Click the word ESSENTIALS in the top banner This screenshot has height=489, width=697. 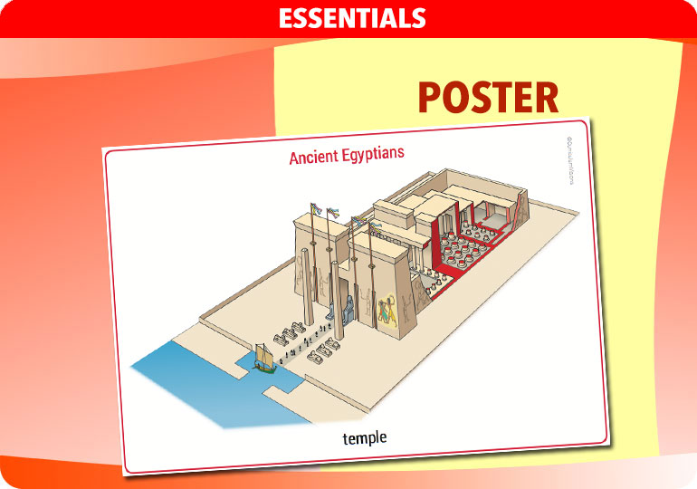point(352,17)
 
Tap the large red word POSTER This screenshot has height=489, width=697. point(488,98)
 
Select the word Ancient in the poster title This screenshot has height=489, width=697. point(314,157)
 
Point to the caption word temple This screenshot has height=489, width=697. point(365,438)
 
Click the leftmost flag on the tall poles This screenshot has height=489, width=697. point(315,210)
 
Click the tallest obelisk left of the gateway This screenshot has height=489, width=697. point(307,290)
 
